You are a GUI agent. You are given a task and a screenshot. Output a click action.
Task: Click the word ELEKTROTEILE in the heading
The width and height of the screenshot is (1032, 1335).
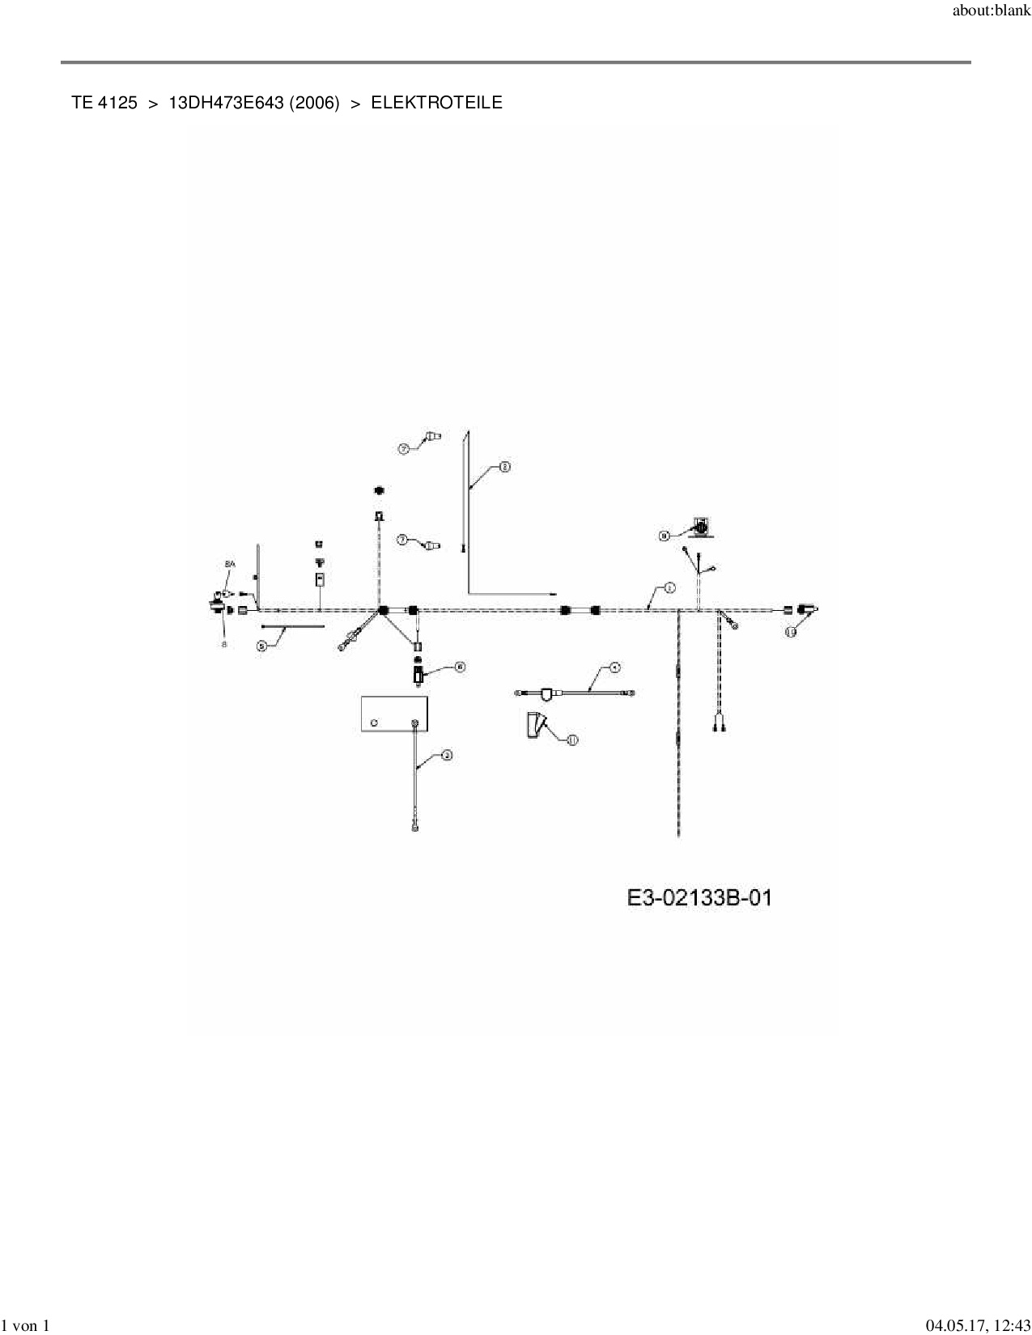pyautogui.click(x=436, y=103)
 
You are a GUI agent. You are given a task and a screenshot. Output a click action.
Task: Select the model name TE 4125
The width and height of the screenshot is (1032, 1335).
pyautogui.click(x=104, y=103)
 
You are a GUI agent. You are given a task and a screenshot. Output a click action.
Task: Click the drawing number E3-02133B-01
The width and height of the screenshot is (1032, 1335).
pyautogui.click(x=699, y=897)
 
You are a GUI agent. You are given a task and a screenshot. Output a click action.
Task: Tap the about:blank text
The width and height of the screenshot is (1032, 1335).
pyautogui.click(x=991, y=11)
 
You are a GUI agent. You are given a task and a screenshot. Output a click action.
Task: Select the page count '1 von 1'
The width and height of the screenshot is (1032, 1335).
pyautogui.click(x=26, y=1325)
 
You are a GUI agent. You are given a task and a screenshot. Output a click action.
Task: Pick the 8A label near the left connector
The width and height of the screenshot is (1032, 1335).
pyautogui.click(x=230, y=564)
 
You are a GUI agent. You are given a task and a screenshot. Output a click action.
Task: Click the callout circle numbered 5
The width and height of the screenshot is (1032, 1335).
pyautogui.click(x=261, y=646)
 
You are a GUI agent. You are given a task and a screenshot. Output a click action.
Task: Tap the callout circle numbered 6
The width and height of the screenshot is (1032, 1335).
pyautogui.click(x=459, y=667)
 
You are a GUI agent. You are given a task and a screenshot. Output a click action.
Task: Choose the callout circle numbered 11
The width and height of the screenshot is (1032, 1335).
pyautogui.click(x=573, y=740)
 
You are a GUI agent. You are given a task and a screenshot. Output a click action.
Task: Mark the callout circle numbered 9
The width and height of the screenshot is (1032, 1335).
pyautogui.click(x=665, y=535)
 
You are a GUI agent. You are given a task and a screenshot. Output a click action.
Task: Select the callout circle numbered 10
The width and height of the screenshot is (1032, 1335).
pyautogui.click(x=791, y=633)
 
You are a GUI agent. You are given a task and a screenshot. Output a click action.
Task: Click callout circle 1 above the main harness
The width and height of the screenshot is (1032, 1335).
pyautogui.click(x=669, y=588)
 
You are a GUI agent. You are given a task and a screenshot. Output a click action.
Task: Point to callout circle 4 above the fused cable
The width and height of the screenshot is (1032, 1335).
pyautogui.click(x=615, y=668)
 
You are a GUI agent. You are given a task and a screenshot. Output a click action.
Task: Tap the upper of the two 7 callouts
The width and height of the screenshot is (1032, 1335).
pyautogui.click(x=403, y=448)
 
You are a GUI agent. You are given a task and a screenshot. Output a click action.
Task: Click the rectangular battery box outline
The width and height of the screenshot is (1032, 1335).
pyautogui.click(x=393, y=713)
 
